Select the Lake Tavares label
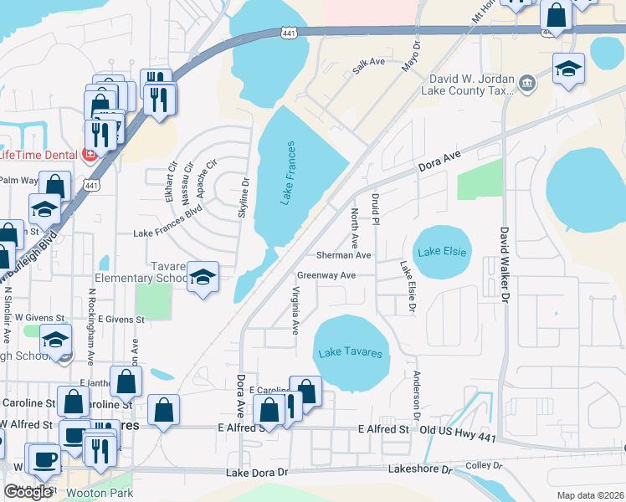point(351,353)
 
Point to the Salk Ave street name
point(368,66)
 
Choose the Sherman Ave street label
point(343,254)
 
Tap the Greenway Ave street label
point(326,274)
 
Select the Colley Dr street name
point(482,465)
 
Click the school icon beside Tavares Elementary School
point(202,277)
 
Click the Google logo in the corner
point(28,492)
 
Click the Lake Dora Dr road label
point(257,474)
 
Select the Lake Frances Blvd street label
point(168,235)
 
